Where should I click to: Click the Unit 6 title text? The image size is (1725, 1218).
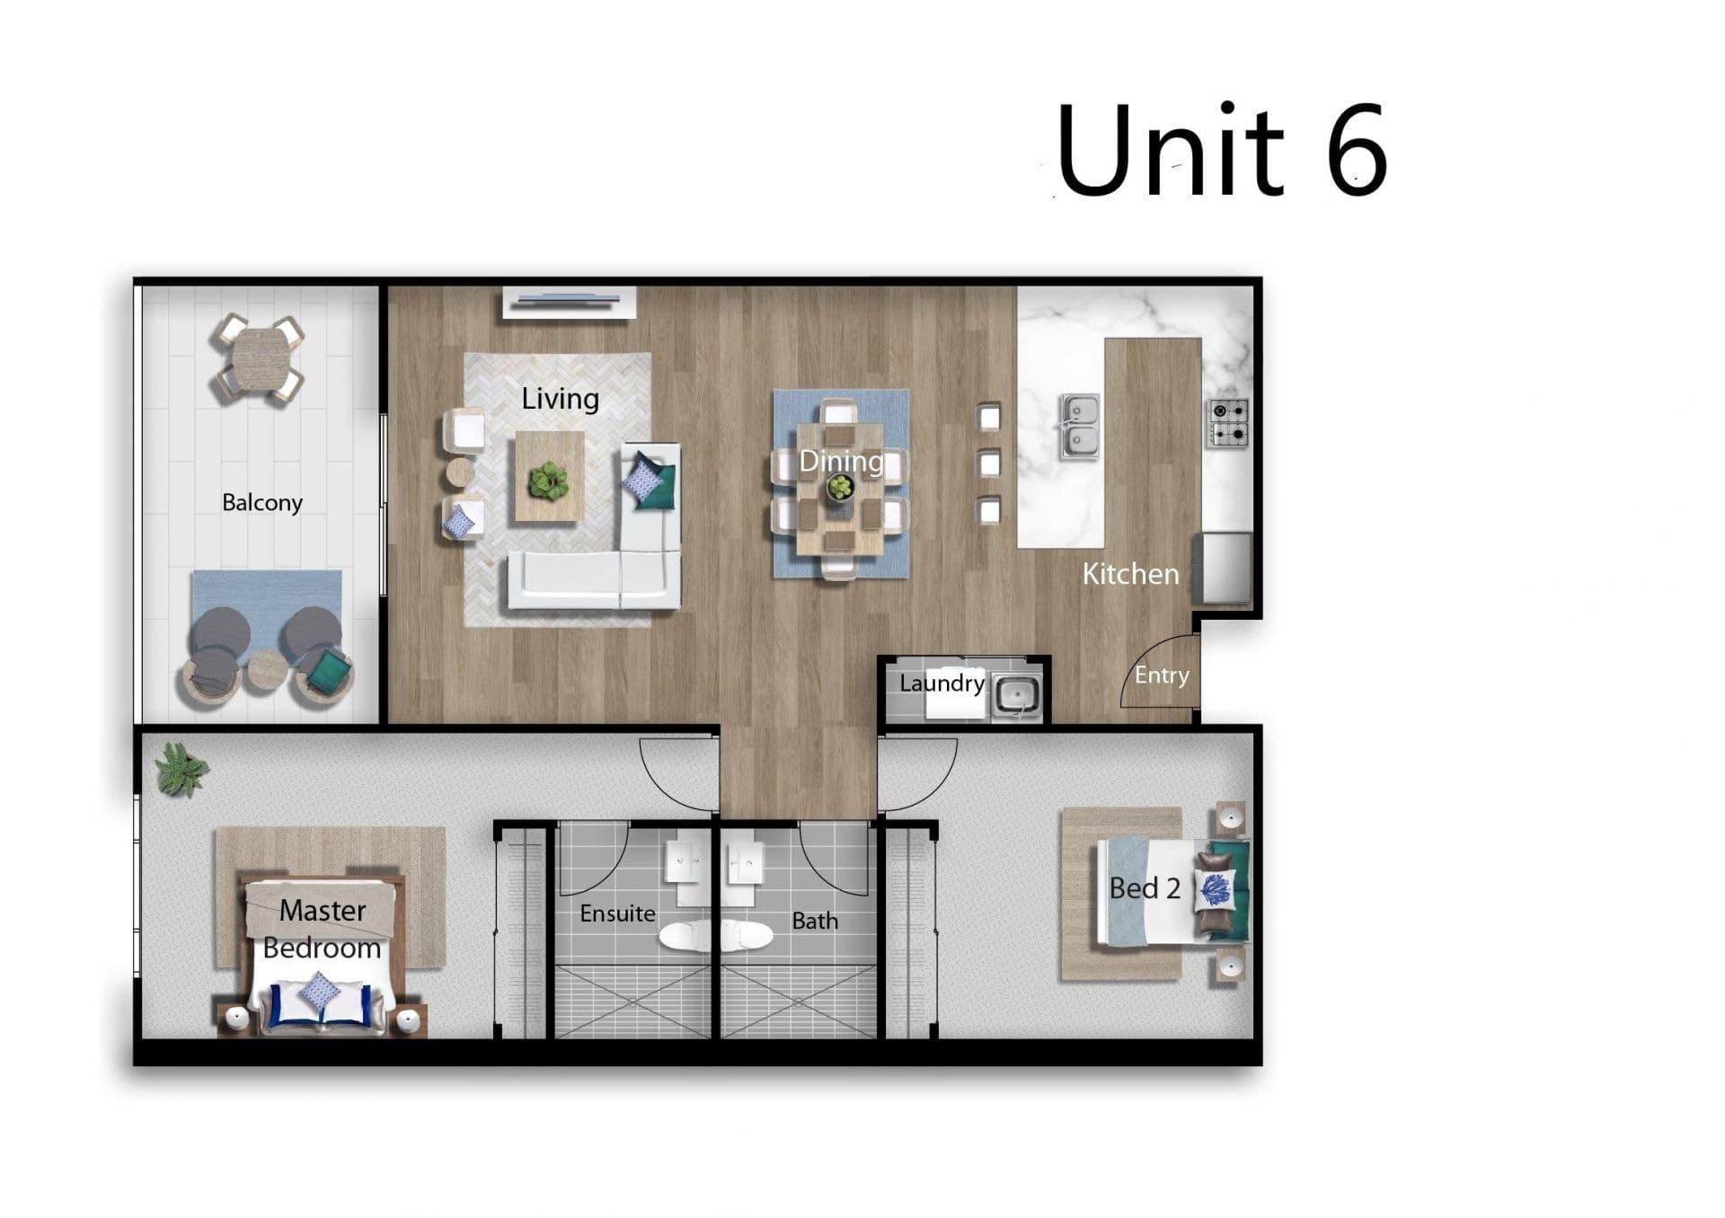(x=1222, y=149)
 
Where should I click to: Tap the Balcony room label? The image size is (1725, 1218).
(x=262, y=502)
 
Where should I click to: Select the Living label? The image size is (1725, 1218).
(x=560, y=398)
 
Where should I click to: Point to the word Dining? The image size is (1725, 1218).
(x=841, y=462)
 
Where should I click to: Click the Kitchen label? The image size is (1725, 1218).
(x=1130, y=574)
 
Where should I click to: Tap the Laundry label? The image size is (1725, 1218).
(x=942, y=684)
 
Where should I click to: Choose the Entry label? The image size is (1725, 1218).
(x=1162, y=675)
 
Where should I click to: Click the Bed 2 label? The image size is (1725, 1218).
(x=1145, y=888)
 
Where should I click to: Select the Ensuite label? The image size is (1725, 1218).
(x=617, y=913)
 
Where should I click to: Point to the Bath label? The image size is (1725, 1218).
(x=815, y=921)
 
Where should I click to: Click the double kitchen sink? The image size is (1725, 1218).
(x=1079, y=426)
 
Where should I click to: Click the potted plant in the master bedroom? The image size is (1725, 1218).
(x=181, y=770)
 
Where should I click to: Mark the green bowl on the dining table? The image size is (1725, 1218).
(x=840, y=488)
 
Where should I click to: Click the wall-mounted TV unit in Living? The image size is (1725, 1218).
(x=570, y=302)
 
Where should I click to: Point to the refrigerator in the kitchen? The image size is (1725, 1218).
(x=1223, y=568)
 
